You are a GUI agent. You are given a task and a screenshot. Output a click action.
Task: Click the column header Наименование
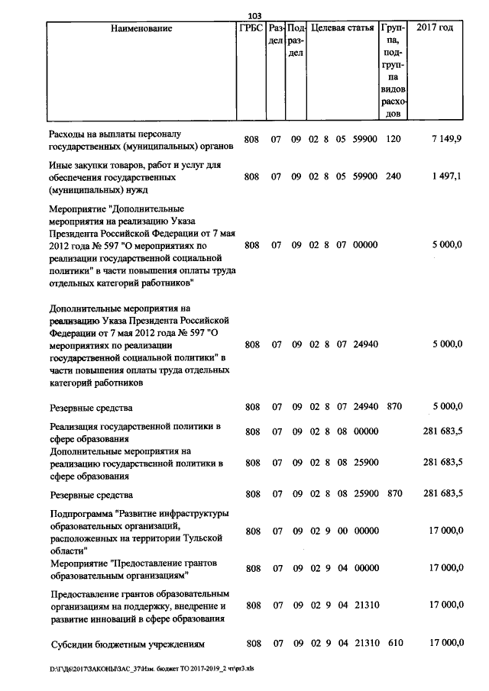pos(141,28)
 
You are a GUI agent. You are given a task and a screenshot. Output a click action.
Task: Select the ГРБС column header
pos(251,28)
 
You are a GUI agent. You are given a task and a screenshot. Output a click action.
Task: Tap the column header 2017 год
pos(435,28)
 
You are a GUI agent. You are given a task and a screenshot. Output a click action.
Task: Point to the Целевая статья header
pos(343,28)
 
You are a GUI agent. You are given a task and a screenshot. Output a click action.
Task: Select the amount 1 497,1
pos(446,176)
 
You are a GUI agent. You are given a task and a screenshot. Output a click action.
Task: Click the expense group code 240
pos(394,176)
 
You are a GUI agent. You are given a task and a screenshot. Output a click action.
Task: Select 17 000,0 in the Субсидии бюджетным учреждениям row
pos(447,644)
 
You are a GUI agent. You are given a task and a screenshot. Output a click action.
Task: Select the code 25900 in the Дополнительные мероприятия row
pos(365,463)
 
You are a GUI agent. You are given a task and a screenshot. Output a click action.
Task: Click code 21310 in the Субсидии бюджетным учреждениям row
pos(365,644)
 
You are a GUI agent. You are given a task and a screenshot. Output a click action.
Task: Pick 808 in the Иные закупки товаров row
pos(251,176)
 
